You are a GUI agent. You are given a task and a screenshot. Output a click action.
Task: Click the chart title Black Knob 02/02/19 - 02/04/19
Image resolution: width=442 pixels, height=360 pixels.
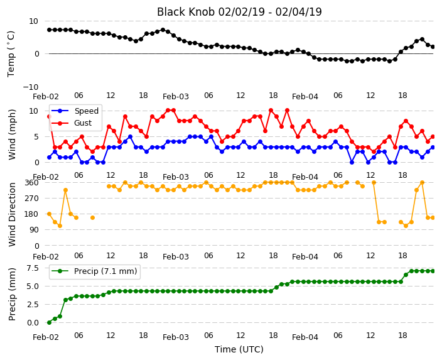tap(239, 12)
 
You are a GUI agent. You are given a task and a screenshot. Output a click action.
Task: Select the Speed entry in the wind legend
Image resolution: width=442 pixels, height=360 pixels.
tap(86, 111)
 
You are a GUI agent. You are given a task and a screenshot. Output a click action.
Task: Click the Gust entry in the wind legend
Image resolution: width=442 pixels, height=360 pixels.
tap(83, 123)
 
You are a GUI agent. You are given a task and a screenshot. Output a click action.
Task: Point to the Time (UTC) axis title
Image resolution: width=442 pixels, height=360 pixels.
tap(239, 349)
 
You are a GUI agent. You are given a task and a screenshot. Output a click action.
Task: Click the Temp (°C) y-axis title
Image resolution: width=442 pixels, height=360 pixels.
tap(11, 54)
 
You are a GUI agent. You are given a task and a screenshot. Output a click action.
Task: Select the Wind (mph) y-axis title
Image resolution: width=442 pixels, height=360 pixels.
tap(11, 134)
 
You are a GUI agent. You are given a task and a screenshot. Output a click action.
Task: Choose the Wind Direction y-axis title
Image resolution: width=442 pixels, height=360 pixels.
tap(11, 214)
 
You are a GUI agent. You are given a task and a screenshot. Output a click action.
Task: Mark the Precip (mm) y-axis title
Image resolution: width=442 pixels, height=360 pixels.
tap(11, 294)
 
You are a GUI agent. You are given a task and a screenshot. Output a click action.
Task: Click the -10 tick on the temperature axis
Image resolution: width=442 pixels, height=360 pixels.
tap(31, 87)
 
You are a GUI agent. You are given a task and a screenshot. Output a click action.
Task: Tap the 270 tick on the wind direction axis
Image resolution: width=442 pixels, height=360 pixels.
tap(33, 199)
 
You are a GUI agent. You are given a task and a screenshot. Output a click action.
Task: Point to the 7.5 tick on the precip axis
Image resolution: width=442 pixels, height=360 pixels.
tap(33, 268)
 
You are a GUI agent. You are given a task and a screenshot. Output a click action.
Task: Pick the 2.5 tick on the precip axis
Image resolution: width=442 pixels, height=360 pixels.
tap(33, 305)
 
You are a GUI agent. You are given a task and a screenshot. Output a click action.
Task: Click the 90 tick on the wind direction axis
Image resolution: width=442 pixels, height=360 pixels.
tap(35, 230)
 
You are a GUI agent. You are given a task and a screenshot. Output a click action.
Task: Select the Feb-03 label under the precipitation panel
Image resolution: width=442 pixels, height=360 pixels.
tap(176, 337)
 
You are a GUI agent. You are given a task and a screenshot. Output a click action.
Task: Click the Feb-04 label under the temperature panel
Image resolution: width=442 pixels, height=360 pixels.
tap(305, 97)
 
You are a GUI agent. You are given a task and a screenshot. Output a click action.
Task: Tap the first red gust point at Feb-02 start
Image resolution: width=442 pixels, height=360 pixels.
tap(50, 116)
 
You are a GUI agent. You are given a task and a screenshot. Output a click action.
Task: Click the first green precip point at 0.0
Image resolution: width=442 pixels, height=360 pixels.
tap(50, 322)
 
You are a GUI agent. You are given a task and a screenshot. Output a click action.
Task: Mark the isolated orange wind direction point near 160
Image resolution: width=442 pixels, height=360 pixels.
tap(92, 217)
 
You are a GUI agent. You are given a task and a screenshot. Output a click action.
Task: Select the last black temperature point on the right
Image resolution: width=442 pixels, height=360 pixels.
tap(433, 47)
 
